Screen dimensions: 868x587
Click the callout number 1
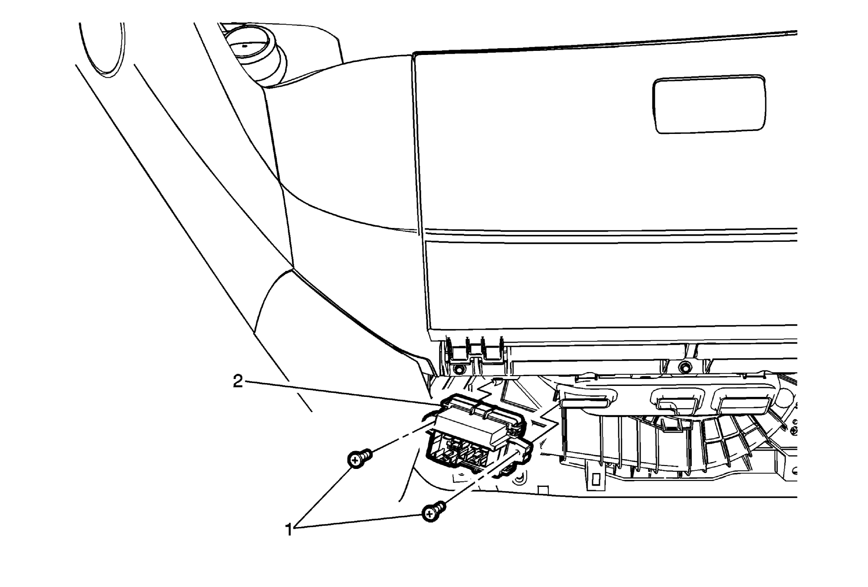[289, 530]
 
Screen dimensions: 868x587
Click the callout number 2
[238, 381]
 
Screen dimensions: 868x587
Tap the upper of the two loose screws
[359, 459]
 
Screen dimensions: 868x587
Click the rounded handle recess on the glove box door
[709, 104]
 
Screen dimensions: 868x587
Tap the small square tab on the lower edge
[543, 490]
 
